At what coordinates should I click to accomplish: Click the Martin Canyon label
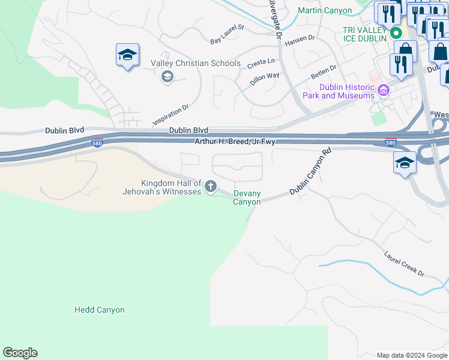point(325,11)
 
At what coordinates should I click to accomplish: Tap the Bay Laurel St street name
point(228,34)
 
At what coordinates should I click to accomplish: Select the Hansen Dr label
point(300,40)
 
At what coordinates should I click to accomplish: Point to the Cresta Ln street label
point(261,62)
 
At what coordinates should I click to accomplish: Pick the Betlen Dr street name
point(324,73)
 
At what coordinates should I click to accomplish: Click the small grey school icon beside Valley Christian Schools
point(167,76)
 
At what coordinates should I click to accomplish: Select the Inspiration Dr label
point(171,114)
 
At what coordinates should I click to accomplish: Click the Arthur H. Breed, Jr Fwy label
point(235,142)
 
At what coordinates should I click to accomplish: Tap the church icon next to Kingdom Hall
point(210,187)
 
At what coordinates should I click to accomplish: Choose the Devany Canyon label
point(247,198)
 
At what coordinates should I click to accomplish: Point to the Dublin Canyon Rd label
point(310,173)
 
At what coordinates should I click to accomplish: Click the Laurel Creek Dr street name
point(404,264)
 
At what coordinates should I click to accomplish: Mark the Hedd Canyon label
point(100,310)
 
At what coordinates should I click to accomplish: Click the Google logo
point(20,353)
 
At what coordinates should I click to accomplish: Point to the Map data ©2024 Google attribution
point(412,355)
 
